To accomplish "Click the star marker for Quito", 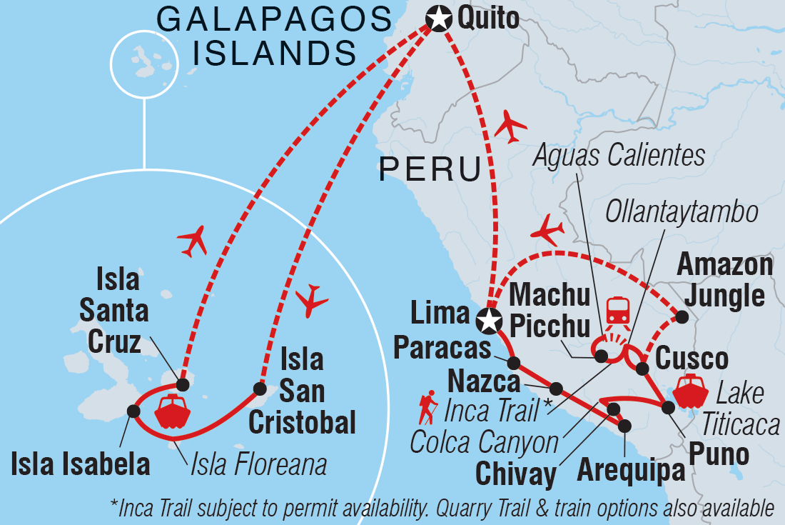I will click(438, 18).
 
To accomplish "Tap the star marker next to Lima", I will click(488, 320).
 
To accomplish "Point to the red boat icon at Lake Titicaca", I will click(689, 391).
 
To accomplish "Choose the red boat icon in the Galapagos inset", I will click(171, 411).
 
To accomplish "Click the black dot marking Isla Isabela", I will click(133, 411).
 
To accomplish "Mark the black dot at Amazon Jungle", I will click(682, 317).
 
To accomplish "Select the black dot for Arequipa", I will click(625, 426).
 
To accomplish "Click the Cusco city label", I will click(692, 359).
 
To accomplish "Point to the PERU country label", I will click(429, 169).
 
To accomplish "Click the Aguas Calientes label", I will click(617, 155).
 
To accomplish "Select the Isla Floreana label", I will click(258, 466).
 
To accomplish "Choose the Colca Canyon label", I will click(484, 443).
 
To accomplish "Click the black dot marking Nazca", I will click(557, 389).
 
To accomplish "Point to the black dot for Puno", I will click(669, 408).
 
